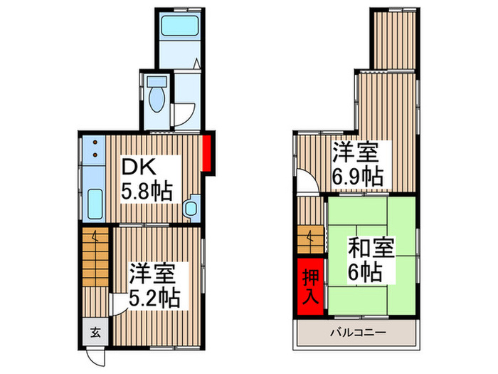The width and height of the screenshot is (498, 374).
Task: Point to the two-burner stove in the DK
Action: click(94, 150)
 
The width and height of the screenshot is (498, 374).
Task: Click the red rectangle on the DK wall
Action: click(206, 154)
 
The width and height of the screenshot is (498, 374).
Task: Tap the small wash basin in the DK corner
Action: click(190, 209)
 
